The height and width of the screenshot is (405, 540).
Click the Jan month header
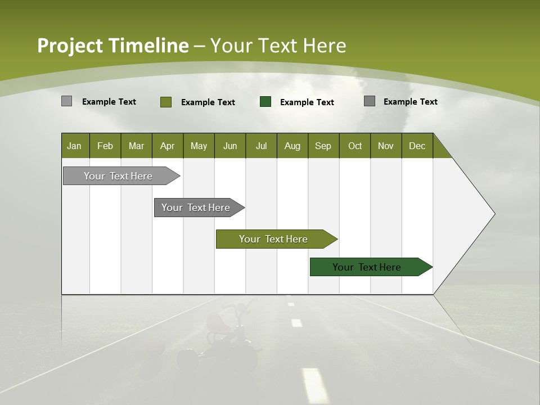[x=74, y=146]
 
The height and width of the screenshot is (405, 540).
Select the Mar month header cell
[x=136, y=146]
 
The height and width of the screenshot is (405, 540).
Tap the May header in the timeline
[x=199, y=146]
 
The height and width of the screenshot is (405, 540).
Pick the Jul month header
[x=261, y=146]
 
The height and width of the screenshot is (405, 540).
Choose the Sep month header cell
[x=323, y=146]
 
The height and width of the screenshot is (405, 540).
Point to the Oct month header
[x=355, y=146]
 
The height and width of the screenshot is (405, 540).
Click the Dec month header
[x=417, y=146]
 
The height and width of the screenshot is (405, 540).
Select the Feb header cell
[x=105, y=146]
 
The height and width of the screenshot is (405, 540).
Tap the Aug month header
[x=292, y=146]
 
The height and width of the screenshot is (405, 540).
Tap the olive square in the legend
[x=166, y=102]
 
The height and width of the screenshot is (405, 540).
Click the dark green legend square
[x=265, y=102]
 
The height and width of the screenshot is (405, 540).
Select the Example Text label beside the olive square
[x=208, y=102]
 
